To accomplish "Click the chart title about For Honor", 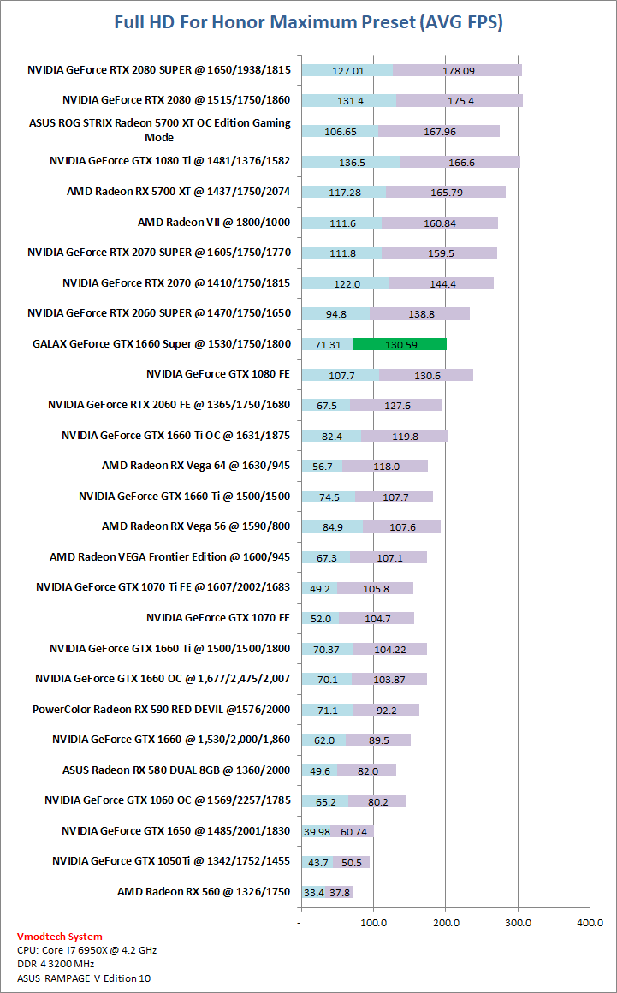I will click(308, 22).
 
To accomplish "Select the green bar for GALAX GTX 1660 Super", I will click(399, 344).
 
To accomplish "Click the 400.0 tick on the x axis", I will click(590, 923).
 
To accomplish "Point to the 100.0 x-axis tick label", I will click(373, 923).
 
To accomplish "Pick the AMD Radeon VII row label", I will click(214, 223).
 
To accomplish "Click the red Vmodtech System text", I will click(60, 937).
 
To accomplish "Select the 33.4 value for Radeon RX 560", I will click(314, 892).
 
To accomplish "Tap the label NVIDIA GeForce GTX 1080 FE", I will click(218, 374).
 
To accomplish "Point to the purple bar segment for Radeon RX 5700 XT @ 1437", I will click(446, 192).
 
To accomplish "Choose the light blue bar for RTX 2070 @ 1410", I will click(345, 283).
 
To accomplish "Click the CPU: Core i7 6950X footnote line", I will click(87, 950).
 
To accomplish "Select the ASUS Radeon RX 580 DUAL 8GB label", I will click(176, 770).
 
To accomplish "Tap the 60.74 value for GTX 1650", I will click(354, 831).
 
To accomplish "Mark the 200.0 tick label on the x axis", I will click(445, 923).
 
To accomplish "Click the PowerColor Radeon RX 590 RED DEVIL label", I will click(162, 709).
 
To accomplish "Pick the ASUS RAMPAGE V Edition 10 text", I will click(84, 978).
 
